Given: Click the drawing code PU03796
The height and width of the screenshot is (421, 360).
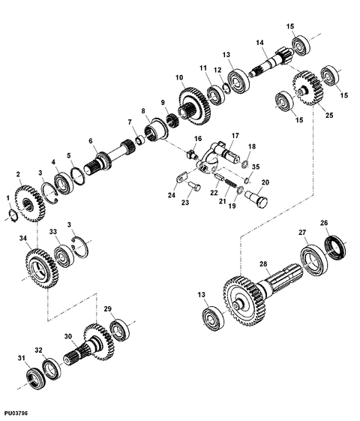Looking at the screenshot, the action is [x=16, y=413].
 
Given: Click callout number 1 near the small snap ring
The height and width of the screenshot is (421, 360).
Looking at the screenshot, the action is [x=8, y=198].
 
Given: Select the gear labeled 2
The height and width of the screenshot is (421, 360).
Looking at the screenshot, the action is [x=29, y=203].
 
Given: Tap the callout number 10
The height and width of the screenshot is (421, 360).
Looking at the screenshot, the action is [x=179, y=78].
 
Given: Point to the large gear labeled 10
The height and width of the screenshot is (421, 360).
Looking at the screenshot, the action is [x=195, y=106].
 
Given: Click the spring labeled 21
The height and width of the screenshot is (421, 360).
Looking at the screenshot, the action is [x=231, y=184].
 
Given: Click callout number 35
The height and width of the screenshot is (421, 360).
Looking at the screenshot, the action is [x=256, y=167].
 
